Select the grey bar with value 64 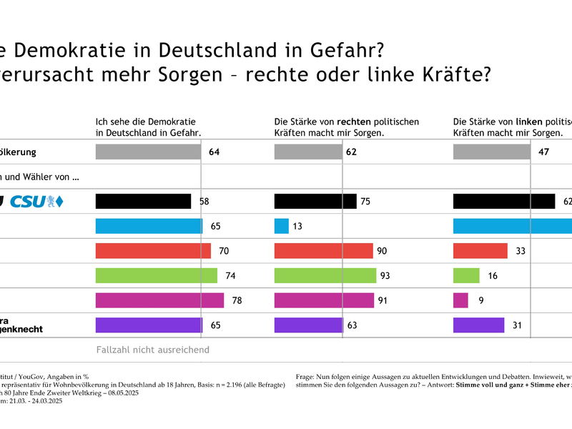[148, 152]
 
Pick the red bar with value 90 [324, 251]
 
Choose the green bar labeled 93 [325, 275]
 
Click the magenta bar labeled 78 [159, 300]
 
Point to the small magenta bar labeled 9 [461, 300]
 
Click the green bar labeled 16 [467, 275]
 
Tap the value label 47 [543, 152]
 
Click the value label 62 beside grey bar [351, 152]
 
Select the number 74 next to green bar [230, 275]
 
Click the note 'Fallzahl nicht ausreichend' [152, 350]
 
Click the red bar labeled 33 [480, 251]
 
